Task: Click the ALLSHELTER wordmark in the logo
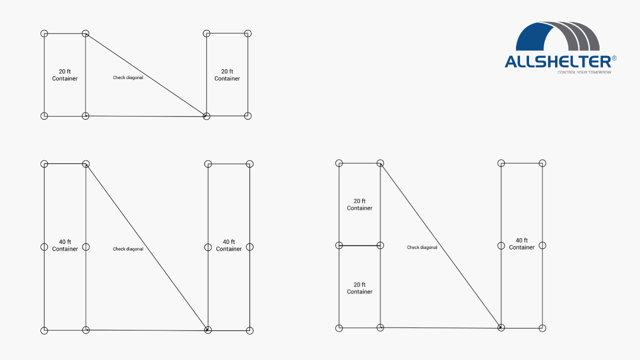pyautogui.click(x=558, y=61)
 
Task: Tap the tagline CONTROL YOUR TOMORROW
pyautogui.click(x=584, y=72)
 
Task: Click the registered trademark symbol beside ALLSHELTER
pyautogui.click(x=614, y=58)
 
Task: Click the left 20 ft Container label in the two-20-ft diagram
pyautogui.click(x=64, y=75)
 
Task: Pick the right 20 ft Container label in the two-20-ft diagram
pyautogui.click(x=227, y=75)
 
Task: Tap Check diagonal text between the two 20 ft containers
pyautogui.click(x=128, y=77)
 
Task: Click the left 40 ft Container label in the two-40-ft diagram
pyautogui.click(x=65, y=245)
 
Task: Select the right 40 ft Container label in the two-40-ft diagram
pyautogui.click(x=229, y=245)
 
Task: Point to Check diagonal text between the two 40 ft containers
pyautogui.click(x=128, y=249)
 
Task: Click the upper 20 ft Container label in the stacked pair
pyautogui.click(x=359, y=204)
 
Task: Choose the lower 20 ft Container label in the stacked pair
pyautogui.click(x=359, y=288)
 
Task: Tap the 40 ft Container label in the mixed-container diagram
pyautogui.click(x=521, y=243)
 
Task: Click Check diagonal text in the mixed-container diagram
pyautogui.click(x=422, y=247)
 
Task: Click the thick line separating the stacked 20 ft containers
pyautogui.click(x=359, y=245)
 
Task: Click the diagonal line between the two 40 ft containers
pyautogui.click(x=147, y=247)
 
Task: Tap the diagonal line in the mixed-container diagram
pyautogui.click(x=440, y=245)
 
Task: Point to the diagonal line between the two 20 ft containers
pyautogui.click(x=146, y=75)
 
